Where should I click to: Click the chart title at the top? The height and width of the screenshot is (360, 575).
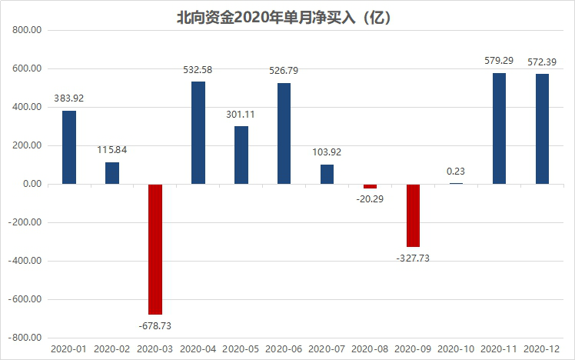[287, 16]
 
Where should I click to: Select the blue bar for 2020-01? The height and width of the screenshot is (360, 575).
[69, 147]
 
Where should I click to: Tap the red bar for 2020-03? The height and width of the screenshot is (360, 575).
[155, 249]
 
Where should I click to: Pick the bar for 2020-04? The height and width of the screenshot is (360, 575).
[198, 132]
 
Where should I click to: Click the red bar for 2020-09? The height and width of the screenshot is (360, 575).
[414, 215]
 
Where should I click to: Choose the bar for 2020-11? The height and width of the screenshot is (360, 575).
[500, 128]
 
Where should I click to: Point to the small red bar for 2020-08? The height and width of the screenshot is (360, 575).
[371, 186]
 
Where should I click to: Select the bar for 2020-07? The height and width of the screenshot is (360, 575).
[327, 174]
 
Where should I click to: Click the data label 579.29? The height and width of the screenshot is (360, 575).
[500, 61]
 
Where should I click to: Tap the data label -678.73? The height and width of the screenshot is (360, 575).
[155, 326]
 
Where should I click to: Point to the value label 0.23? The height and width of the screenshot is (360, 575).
[457, 171]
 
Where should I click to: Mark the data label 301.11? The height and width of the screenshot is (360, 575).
[241, 115]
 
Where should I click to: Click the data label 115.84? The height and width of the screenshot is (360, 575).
[112, 150]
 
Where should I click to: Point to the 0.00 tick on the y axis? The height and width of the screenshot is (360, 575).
[30, 184]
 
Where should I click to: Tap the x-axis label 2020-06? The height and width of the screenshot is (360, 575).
[284, 349]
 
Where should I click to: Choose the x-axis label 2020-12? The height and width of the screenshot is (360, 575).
[543, 349]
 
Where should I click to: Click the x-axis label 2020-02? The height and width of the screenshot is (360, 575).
[112, 349]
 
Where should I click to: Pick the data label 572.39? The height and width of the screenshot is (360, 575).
[543, 62]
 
